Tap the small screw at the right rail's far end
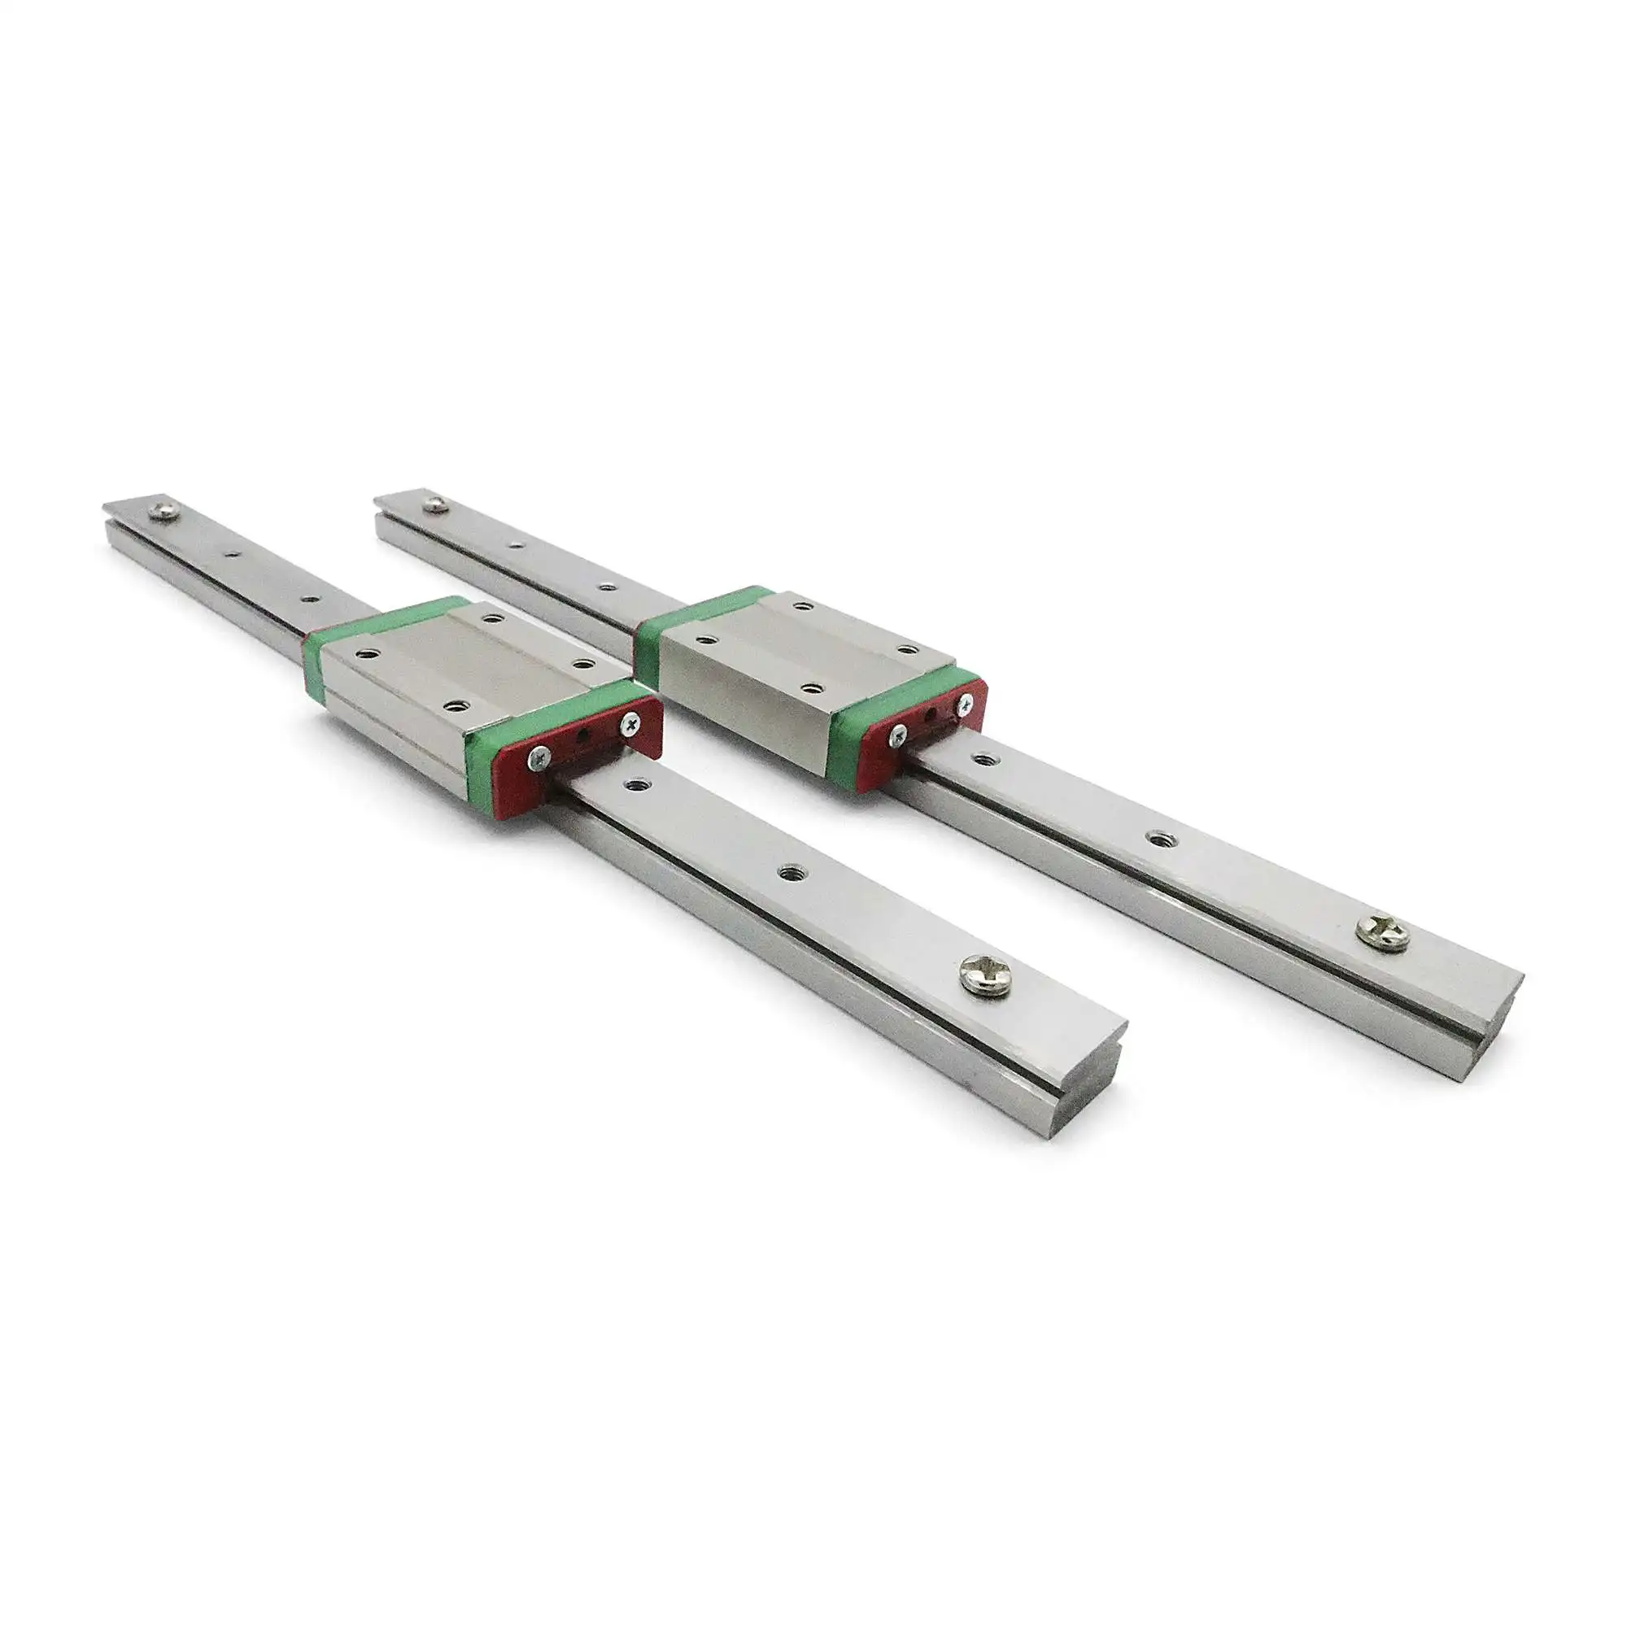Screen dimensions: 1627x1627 click(435, 504)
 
